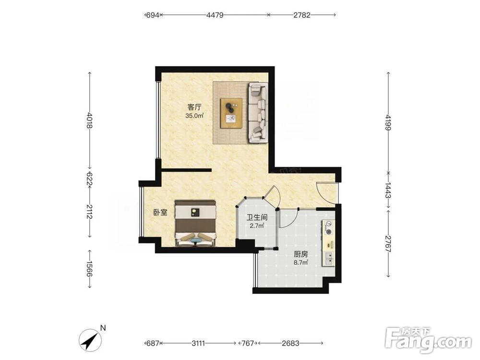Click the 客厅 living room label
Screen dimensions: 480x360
194,107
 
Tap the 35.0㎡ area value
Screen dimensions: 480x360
194,116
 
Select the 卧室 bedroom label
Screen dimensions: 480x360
160,213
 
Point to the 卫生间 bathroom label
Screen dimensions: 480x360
257,217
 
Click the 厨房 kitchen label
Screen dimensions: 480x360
300,254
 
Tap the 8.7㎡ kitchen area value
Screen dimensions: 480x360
300,263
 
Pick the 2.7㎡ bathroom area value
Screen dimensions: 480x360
257,226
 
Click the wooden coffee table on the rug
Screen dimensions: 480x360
231,113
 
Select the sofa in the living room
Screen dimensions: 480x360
258,112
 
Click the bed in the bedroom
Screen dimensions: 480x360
195,224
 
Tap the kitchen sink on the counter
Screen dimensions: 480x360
329,259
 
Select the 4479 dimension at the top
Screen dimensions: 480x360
215,15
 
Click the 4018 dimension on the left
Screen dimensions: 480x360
89,120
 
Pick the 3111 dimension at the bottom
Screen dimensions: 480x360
198,344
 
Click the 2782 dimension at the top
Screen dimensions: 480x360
302,15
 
